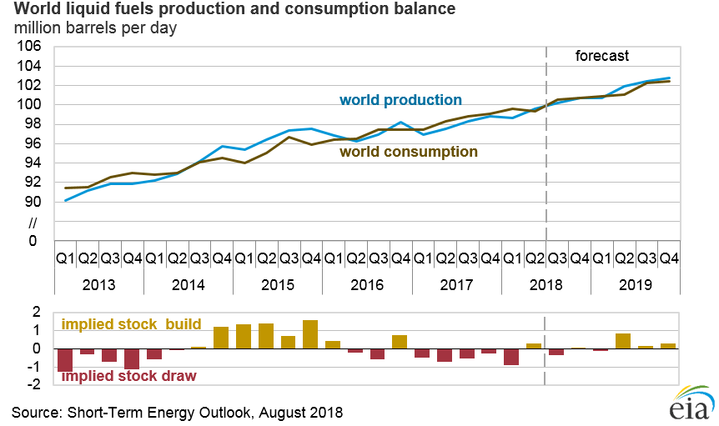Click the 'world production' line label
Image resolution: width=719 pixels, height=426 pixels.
[400, 100]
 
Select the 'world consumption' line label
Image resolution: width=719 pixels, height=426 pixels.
[408, 152]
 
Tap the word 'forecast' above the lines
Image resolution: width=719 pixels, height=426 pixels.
[602, 57]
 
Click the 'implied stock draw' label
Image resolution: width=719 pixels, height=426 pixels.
[129, 376]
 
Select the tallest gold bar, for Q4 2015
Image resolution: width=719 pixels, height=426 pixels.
[310, 335]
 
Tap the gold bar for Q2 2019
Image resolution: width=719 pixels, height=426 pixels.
[623, 341]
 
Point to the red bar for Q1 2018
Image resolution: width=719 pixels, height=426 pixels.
[511, 357]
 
